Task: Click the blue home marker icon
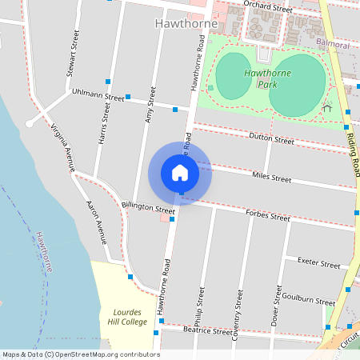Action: click(180, 173)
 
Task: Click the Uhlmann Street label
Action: click(98, 95)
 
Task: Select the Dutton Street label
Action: click(272, 138)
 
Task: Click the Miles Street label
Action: click(271, 177)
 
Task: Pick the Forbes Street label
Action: click(269, 215)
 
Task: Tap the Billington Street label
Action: click(147, 208)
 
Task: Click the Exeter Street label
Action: click(318, 262)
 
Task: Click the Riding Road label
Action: click(353, 152)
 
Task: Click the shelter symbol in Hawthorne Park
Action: click(326, 106)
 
